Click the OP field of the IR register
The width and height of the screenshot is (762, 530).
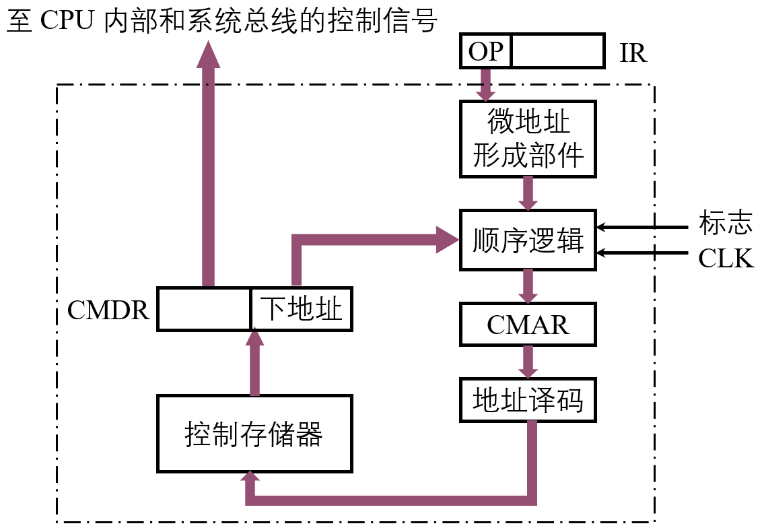(x=485, y=51)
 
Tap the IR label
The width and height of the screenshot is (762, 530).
(x=633, y=53)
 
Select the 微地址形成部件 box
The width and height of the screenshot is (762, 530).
(x=528, y=139)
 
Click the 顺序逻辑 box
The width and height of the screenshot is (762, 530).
(x=528, y=240)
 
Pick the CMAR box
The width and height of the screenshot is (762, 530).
(x=528, y=325)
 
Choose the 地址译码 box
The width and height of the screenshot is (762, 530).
(x=528, y=400)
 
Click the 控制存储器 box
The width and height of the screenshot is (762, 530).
(x=254, y=434)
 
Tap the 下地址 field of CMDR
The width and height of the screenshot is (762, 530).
(x=302, y=309)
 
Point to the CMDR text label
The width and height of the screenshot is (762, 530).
(x=108, y=310)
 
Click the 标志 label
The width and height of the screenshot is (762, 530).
(x=726, y=223)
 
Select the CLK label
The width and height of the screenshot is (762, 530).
(x=726, y=258)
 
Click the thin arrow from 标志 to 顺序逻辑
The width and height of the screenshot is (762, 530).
(x=642, y=227)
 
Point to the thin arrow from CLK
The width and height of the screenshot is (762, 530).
(x=642, y=253)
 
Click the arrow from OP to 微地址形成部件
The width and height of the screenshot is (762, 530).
(x=485, y=85)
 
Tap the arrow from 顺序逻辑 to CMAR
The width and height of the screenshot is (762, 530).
(x=528, y=286)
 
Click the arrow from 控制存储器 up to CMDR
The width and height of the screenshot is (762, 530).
(x=254, y=363)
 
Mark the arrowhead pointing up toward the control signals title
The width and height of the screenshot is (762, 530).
(x=209, y=55)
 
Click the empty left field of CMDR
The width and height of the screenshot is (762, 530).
(x=203, y=309)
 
